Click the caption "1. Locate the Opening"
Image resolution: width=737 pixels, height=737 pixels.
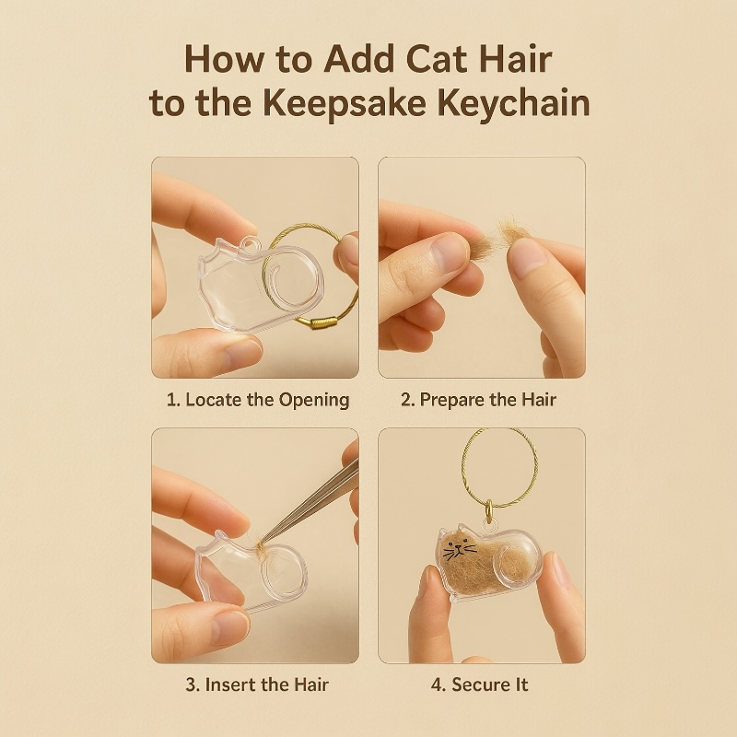(258, 400)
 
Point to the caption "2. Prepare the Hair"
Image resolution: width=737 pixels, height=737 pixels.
(479, 400)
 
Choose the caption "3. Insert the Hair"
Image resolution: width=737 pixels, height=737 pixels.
(254, 684)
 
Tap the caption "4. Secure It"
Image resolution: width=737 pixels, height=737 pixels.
(480, 684)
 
